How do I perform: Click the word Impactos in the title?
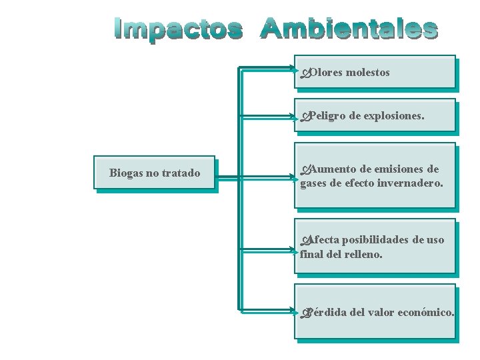click(x=179, y=29)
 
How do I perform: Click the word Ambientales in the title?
click(x=349, y=29)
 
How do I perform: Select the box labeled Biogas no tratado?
click(x=155, y=173)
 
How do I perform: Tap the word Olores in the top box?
click(x=326, y=72)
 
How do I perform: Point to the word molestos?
click(x=368, y=72)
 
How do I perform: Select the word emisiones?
click(x=397, y=169)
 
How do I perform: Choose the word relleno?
click(x=363, y=253)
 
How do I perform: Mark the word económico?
click(x=425, y=312)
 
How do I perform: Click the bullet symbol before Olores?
click(x=305, y=73)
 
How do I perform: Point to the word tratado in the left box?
click(x=180, y=173)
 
